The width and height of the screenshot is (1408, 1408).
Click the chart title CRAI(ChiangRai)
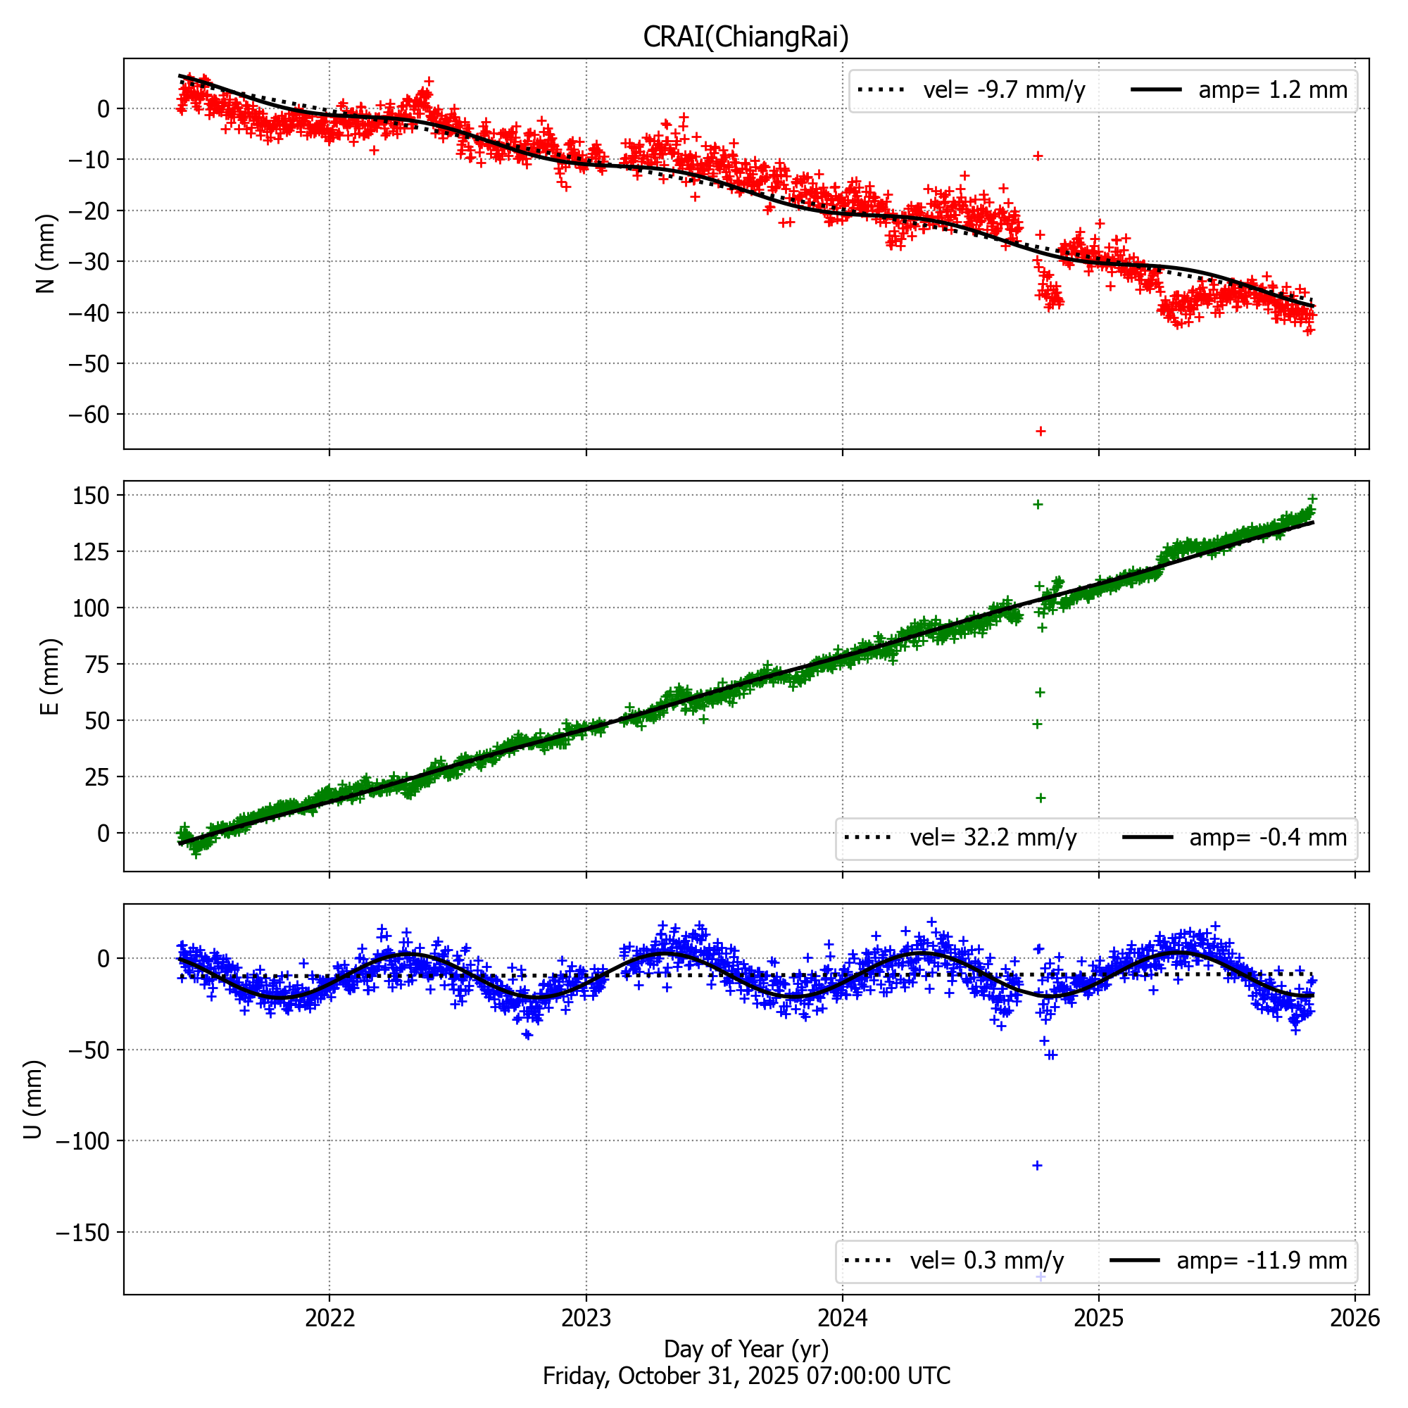pyautogui.click(x=746, y=37)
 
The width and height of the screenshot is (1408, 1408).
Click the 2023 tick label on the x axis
pyautogui.click(x=586, y=1317)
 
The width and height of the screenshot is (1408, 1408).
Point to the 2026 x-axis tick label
pyautogui.click(x=1354, y=1317)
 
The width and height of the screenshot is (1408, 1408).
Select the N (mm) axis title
pyautogui.click(x=46, y=253)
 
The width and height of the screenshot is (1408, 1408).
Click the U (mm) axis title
pyautogui.click(x=34, y=1099)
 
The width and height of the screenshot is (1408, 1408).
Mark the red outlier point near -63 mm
pyautogui.click(x=1041, y=432)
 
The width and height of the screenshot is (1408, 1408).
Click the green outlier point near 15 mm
pyautogui.click(x=1041, y=798)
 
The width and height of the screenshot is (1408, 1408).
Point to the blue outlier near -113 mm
pyautogui.click(x=1037, y=1165)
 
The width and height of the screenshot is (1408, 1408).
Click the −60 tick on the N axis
pyautogui.click(x=88, y=415)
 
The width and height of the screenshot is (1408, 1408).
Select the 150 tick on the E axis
pyautogui.click(x=91, y=496)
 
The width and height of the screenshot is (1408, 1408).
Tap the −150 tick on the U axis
pyautogui.click(x=82, y=1233)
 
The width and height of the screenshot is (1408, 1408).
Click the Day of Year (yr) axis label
pyautogui.click(x=746, y=1349)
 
